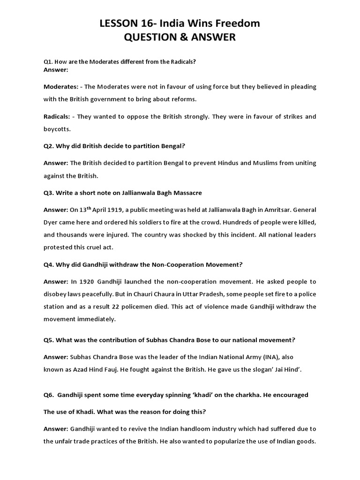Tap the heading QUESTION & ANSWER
(180, 37)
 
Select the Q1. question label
(49, 62)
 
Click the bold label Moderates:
(61, 87)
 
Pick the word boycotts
(57, 128)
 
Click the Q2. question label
(49, 146)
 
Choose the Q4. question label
(49, 264)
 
